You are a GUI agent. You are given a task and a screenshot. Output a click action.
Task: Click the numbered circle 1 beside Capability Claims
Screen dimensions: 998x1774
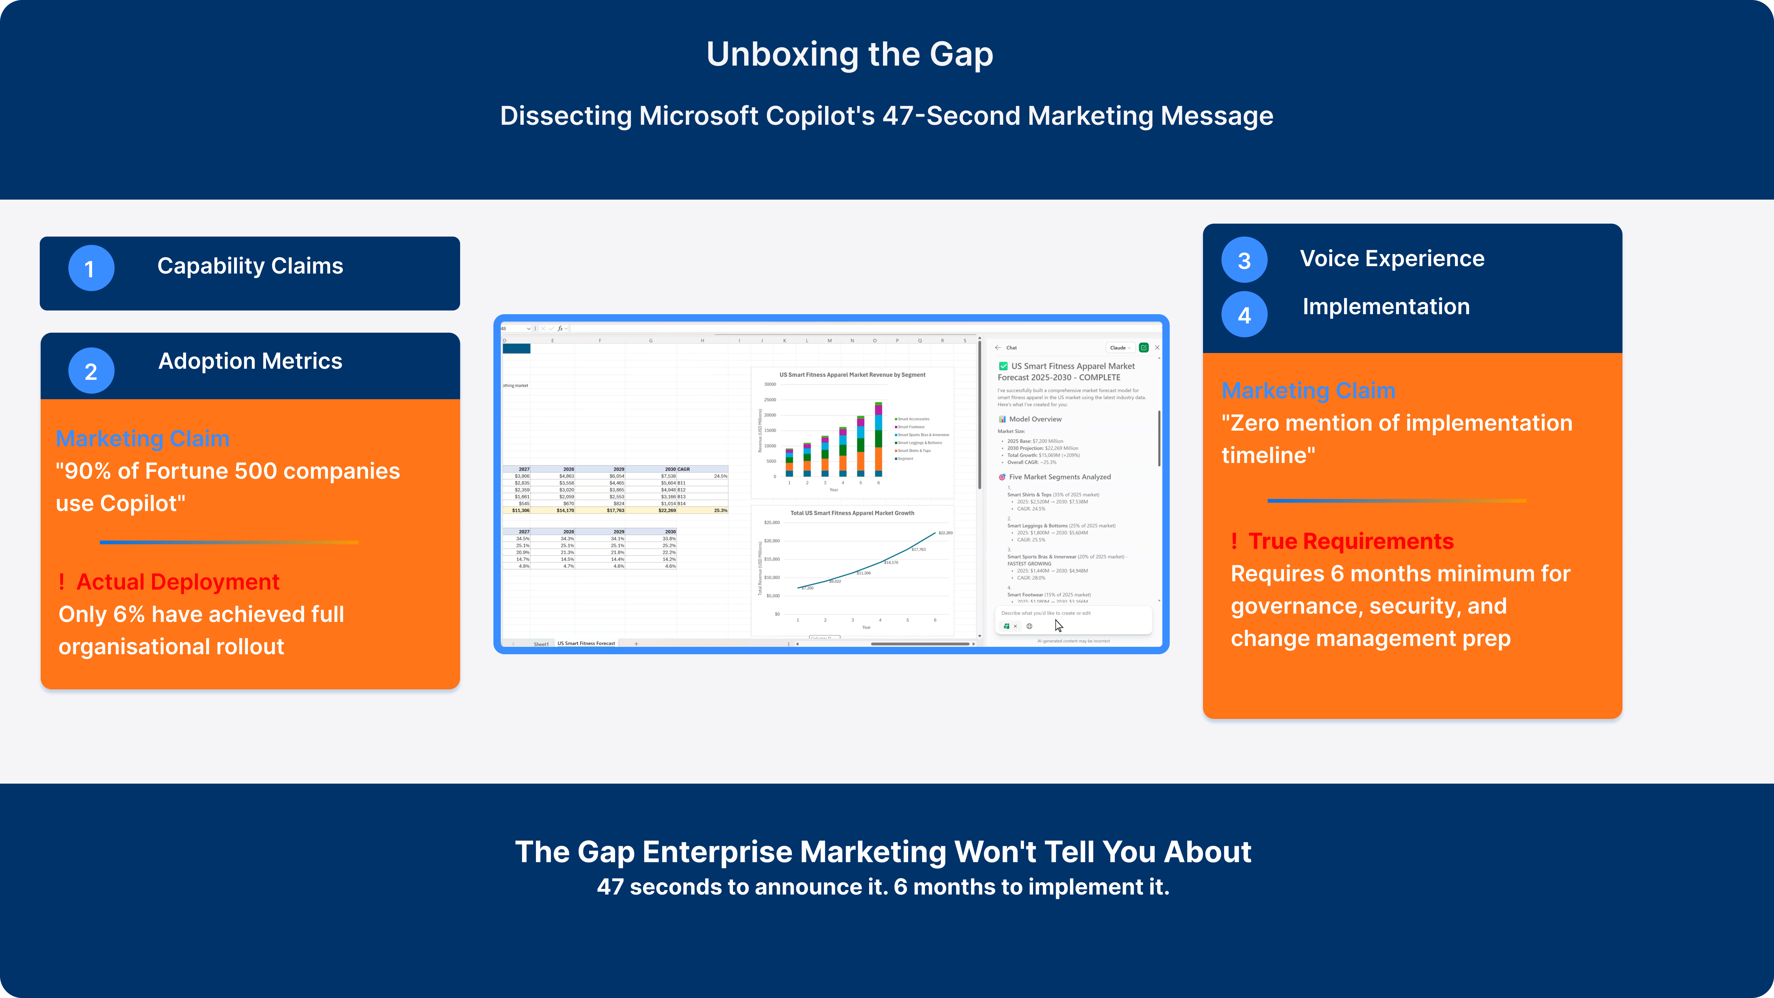click(91, 268)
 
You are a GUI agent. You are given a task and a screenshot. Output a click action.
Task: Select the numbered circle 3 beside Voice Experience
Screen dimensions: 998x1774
click(1244, 260)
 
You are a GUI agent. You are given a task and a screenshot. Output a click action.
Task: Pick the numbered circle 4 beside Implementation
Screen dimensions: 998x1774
click(1244, 315)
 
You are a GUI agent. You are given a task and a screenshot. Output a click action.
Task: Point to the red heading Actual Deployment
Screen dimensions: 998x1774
click(178, 582)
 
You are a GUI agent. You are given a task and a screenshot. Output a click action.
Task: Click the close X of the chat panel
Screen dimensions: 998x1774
click(1157, 348)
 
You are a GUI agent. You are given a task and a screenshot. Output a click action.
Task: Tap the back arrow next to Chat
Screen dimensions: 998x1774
click(998, 348)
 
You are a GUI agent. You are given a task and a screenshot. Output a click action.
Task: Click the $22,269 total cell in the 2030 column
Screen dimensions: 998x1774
click(666, 510)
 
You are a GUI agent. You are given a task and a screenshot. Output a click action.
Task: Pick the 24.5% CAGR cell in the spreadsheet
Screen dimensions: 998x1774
click(720, 476)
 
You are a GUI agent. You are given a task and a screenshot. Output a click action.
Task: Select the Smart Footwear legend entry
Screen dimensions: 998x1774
click(911, 427)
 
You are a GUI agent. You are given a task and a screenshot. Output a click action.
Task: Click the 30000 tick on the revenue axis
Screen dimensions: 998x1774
click(770, 384)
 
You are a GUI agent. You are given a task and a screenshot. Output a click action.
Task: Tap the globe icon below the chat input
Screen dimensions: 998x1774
click(1030, 626)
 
